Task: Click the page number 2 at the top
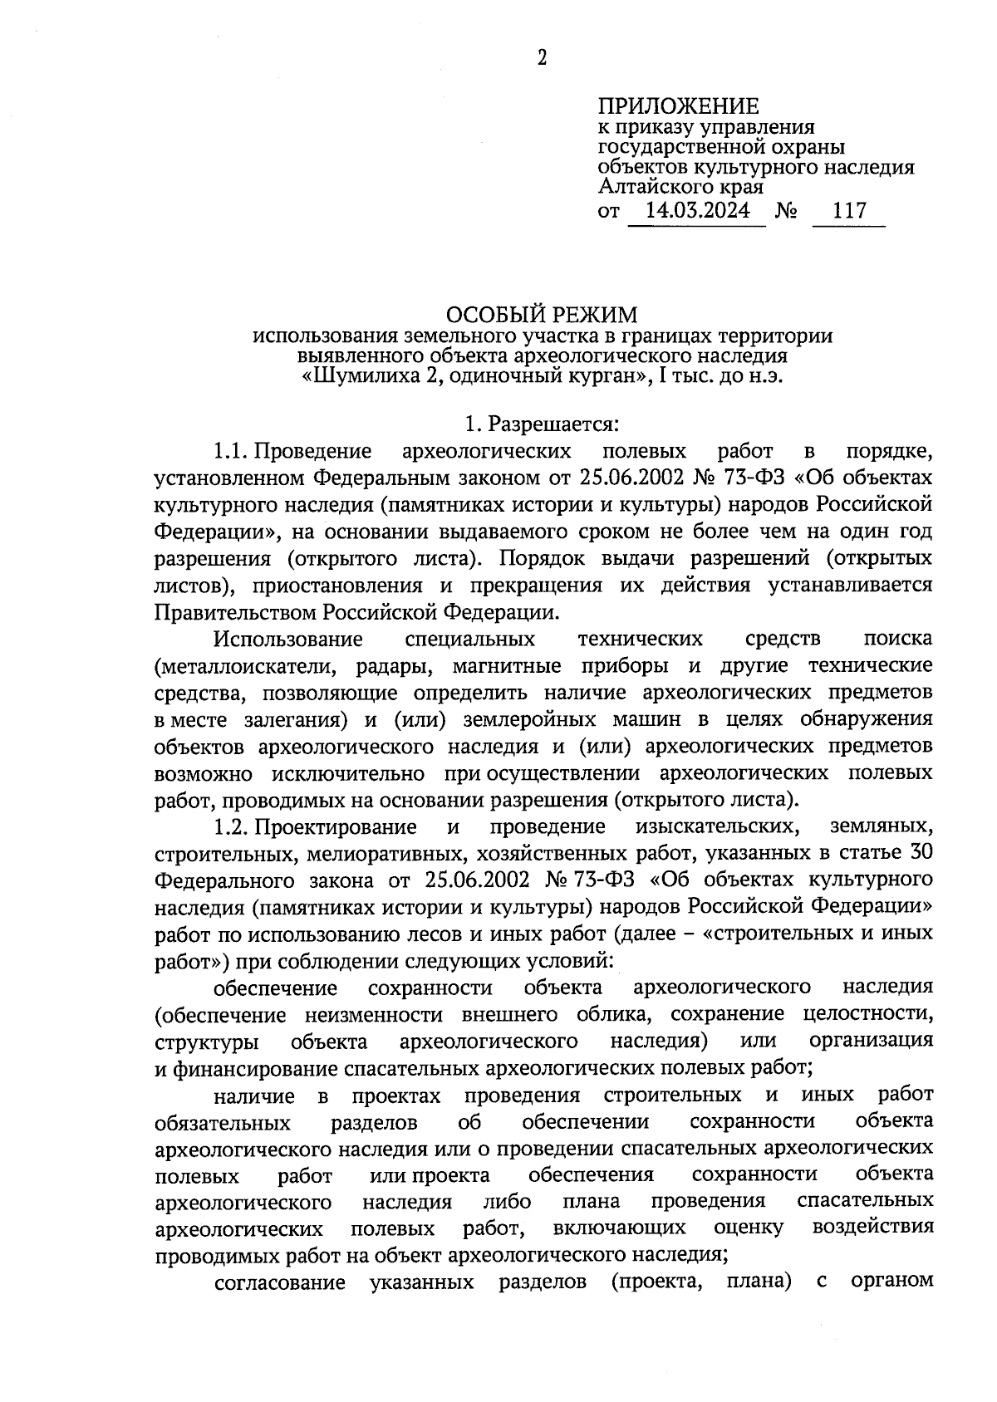click(542, 57)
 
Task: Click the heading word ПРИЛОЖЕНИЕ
click(678, 106)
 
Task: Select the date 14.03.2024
click(697, 211)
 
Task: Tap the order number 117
click(849, 211)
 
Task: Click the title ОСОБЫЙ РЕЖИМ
click(543, 316)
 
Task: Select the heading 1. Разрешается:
click(542, 424)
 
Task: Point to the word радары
click(387, 666)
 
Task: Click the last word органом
click(891, 1282)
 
